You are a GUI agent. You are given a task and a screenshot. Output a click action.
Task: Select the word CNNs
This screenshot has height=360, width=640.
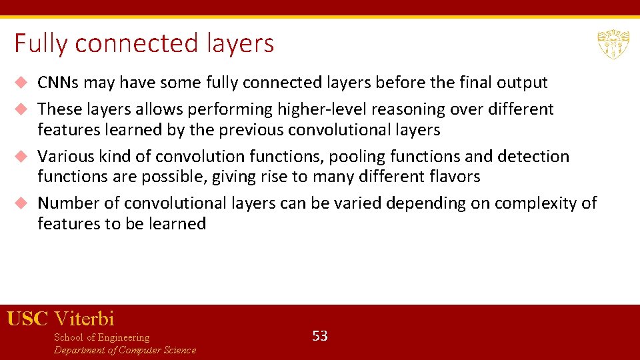(58, 83)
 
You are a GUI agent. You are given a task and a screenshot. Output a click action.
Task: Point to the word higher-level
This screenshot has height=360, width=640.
(311, 109)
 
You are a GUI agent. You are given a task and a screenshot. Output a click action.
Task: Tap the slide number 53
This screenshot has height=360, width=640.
(320, 336)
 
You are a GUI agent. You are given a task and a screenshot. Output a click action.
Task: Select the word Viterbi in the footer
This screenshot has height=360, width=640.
(85, 319)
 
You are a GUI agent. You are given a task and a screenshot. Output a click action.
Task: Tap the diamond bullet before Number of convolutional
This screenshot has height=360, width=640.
(21, 203)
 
